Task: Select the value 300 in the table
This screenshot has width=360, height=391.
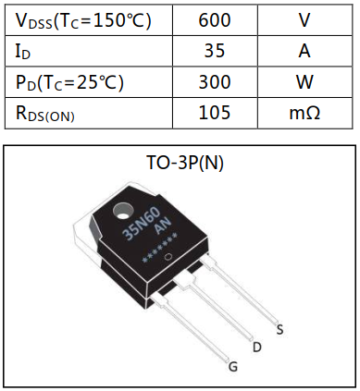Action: coord(215,81)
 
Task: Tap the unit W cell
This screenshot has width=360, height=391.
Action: coord(304,81)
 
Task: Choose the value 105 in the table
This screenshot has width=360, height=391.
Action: coord(215,113)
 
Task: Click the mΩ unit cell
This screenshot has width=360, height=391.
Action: coord(304,113)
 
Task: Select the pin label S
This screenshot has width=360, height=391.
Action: coord(280,329)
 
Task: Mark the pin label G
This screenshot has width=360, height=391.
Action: coord(233,367)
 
